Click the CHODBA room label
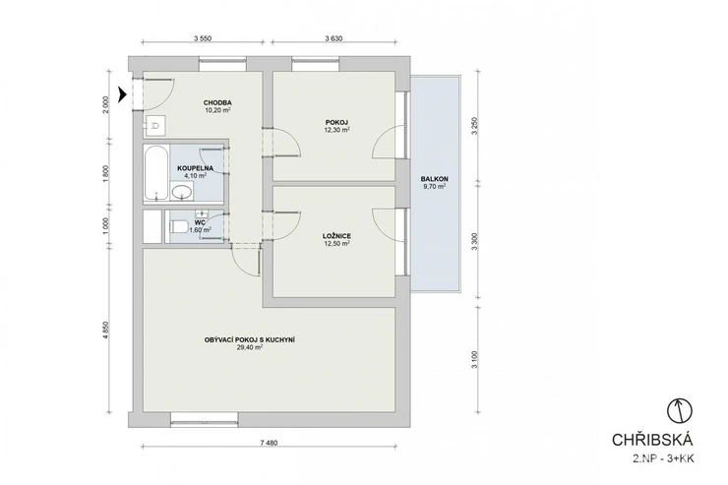pos(217,102)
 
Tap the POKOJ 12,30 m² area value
pos(337,131)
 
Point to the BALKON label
pos(435,179)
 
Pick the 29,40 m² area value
pos(250,347)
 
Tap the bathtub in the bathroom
pos(155,172)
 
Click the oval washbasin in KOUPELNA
pos(182,191)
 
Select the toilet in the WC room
pos(178,227)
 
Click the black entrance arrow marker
pos(123,94)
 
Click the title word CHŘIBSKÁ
pos(652,440)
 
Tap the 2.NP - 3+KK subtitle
pos(663,459)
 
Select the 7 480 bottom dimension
pos(269,443)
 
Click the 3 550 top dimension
pos(203,38)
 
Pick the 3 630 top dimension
pos(334,38)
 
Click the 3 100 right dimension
pos(474,360)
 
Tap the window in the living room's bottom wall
pos(205,419)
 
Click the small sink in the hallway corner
pos(155,125)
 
